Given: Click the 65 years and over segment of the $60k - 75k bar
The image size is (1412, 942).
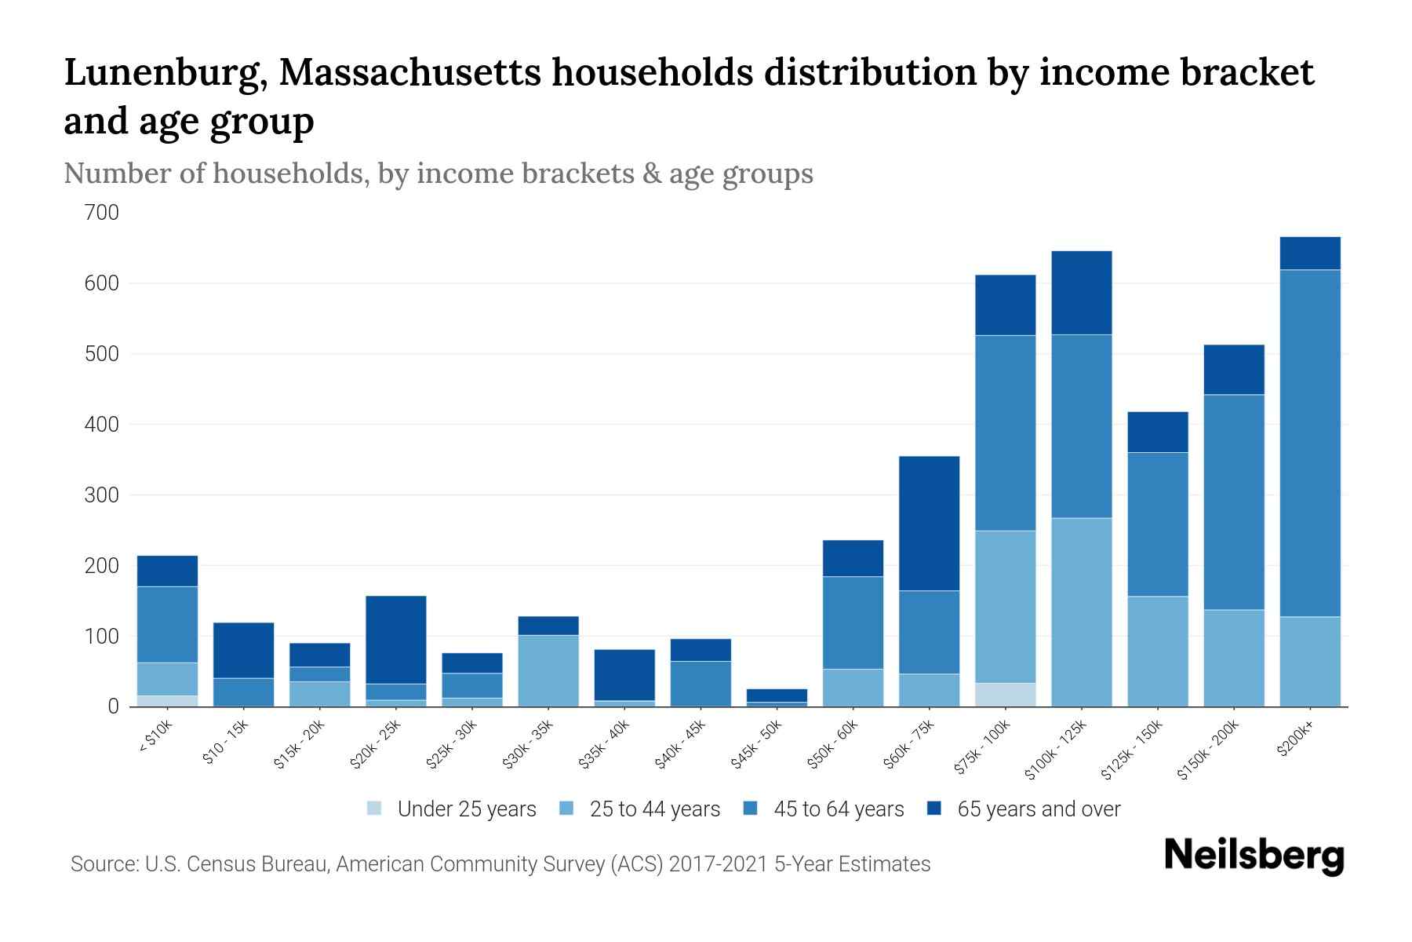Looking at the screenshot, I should (929, 523).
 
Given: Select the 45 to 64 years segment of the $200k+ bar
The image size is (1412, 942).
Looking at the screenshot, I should (1309, 444).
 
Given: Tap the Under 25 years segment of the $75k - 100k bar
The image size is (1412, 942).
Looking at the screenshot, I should (1005, 695).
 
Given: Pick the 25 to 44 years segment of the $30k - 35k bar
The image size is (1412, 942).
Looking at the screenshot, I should (548, 670).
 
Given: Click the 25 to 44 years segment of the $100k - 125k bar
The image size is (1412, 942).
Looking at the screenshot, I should (1081, 612).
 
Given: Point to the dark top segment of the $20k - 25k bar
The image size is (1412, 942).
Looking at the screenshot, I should (395, 640).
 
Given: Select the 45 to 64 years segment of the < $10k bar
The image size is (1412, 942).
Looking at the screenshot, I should (167, 624).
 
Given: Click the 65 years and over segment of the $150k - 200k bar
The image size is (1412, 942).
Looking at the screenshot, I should (1233, 370).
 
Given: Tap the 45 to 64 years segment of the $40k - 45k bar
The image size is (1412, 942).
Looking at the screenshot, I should (700, 683).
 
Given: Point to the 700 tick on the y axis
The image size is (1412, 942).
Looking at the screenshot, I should (102, 213).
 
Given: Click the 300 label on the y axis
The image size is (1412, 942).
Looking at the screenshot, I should (102, 495).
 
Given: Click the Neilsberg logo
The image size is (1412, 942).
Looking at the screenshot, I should (1254, 856).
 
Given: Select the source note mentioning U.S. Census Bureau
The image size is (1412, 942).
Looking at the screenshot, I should (500, 864).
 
